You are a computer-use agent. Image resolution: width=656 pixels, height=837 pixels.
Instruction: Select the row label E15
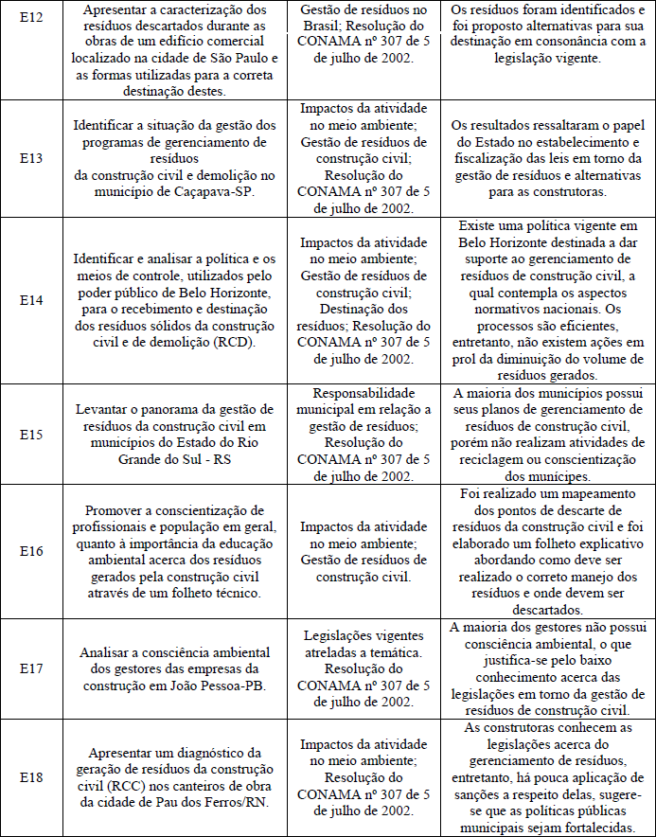click(x=31, y=434)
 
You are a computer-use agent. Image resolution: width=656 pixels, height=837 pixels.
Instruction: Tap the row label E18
click(x=31, y=777)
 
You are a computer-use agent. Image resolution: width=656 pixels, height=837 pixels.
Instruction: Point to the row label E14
click(x=31, y=299)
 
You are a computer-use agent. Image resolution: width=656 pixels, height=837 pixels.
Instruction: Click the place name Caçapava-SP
click(x=218, y=188)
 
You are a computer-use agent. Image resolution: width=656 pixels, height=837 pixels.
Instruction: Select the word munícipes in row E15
click(x=552, y=476)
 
